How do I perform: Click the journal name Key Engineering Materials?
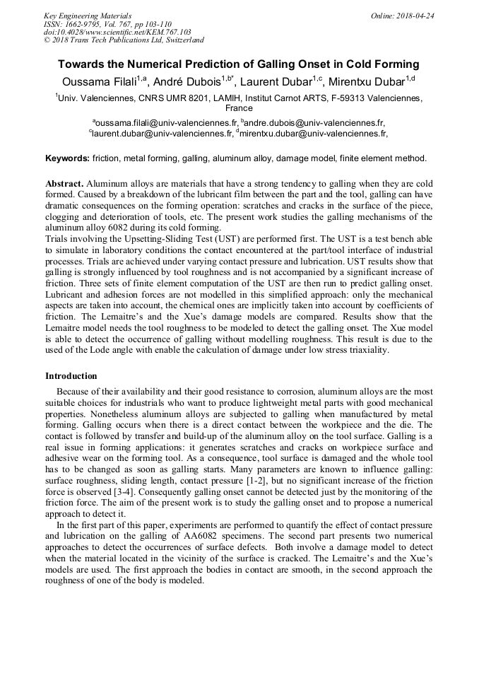pos(88,16)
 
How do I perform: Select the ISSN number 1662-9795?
pos(86,24)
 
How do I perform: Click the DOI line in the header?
pos(117,32)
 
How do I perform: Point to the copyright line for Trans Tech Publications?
pos(124,40)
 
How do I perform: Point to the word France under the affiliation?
pos(239,109)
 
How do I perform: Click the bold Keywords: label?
pos(67,159)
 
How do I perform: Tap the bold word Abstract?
pos(64,183)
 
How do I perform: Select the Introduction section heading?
pos(71,376)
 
